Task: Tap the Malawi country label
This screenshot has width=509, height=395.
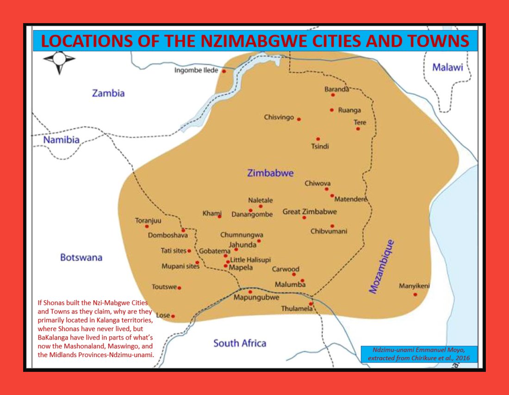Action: [x=447, y=68]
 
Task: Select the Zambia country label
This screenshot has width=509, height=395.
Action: [x=108, y=93]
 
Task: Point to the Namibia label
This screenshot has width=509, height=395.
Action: [x=62, y=140]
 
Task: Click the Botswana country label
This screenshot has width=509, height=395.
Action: [x=81, y=258]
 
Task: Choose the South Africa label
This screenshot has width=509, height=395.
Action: [x=240, y=343]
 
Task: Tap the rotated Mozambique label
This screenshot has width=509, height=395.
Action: [x=381, y=266]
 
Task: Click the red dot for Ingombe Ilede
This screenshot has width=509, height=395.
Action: [x=224, y=71]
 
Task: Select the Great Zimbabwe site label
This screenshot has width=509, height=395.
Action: [x=310, y=212]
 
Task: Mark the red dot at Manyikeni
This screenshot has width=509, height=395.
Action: [x=415, y=294]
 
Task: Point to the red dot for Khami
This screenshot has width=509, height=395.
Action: [x=219, y=216]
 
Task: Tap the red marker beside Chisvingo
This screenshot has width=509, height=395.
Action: [x=299, y=119]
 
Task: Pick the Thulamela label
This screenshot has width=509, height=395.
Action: [x=297, y=309]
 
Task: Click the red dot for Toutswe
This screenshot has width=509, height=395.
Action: [x=180, y=288]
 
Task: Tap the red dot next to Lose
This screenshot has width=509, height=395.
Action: [x=173, y=316]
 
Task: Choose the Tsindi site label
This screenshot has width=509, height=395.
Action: [x=320, y=147]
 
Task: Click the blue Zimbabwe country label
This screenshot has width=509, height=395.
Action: [x=270, y=173]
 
